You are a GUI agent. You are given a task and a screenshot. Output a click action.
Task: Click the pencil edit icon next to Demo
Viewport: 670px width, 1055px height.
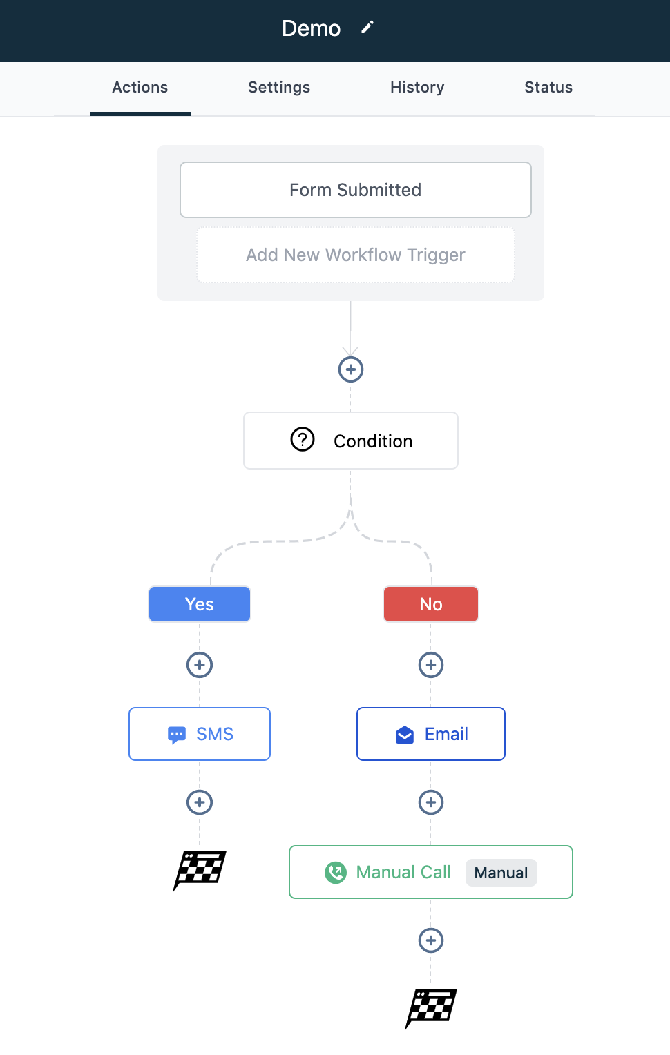367,28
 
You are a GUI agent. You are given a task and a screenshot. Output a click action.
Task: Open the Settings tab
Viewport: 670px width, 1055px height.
279,87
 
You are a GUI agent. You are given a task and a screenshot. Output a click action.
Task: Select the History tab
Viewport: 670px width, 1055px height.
417,87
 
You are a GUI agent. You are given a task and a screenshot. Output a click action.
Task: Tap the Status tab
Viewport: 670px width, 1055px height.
548,87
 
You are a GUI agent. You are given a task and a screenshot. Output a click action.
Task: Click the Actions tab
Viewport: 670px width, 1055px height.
140,87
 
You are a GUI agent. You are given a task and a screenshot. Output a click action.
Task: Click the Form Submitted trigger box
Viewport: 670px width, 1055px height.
356,190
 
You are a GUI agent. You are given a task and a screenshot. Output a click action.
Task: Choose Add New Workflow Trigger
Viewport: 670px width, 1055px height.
356,255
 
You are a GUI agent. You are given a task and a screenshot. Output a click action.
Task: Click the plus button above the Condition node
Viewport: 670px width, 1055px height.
351,369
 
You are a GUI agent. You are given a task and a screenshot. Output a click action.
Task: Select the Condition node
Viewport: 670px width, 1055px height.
351,441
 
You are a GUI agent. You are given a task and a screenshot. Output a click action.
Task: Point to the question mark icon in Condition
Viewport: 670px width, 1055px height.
302,439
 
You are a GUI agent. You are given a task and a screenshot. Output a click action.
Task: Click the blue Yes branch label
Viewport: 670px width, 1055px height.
200,604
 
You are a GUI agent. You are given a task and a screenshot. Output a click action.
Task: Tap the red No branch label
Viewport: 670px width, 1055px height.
430,604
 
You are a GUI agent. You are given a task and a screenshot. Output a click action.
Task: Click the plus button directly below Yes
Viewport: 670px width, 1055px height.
200,665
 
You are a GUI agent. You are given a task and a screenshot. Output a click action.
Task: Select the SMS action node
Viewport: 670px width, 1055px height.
200,734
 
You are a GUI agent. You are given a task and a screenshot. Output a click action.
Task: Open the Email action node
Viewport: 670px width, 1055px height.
430,734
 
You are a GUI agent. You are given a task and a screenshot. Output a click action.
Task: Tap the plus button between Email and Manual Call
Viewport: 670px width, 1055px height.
430,802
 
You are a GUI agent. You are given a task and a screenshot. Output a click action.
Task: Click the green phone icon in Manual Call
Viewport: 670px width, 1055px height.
336,872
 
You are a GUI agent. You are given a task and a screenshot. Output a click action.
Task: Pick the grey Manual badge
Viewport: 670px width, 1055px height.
501,873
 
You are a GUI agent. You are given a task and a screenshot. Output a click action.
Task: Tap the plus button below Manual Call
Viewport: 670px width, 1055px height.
430,940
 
